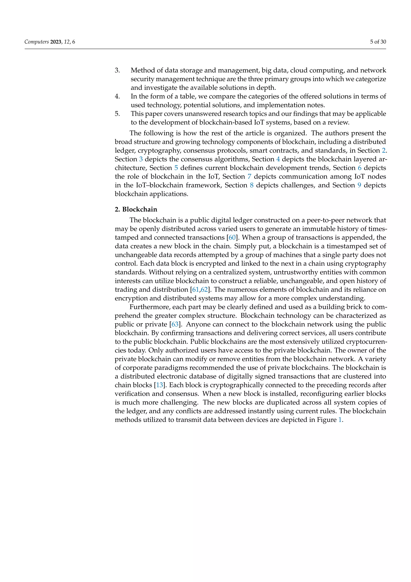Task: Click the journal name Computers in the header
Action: pos(37,42)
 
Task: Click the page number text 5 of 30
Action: pos(378,42)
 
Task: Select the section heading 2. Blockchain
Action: pos(136,209)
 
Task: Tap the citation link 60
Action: pos(232,238)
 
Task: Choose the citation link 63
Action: pos(175,324)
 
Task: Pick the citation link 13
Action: pos(159,385)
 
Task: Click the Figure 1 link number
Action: pos(340,420)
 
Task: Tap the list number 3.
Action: pos(117,70)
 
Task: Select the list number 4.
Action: pos(117,96)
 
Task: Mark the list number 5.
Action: pos(117,114)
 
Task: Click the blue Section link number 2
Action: pos(384,151)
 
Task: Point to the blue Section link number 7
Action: pos(249,177)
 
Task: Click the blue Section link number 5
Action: pos(176,168)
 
